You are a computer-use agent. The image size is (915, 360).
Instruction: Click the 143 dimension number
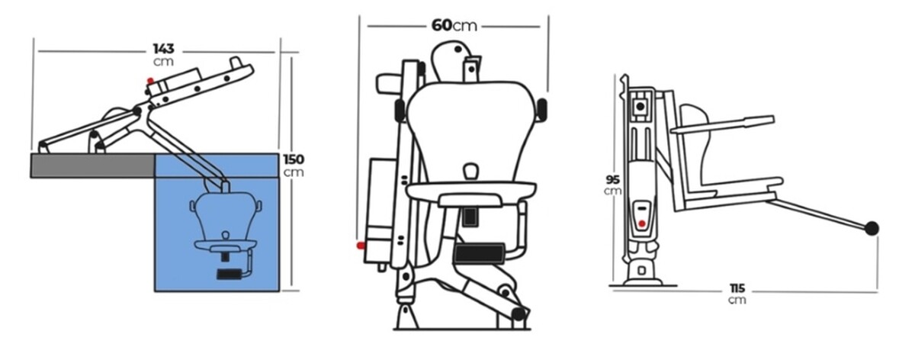[x=164, y=49]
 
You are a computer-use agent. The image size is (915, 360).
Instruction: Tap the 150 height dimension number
[x=294, y=159]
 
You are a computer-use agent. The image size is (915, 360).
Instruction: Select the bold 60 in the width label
[x=441, y=25]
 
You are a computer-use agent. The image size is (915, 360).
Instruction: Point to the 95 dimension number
[x=613, y=179]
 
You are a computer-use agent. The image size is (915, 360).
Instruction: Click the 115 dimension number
[x=737, y=288]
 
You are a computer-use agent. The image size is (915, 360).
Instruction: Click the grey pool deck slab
[x=93, y=166]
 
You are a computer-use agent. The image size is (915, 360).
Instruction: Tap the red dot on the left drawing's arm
[x=150, y=81]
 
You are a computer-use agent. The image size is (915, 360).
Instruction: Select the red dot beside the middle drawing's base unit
[x=361, y=246]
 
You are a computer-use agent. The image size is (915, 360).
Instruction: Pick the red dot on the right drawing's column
[x=642, y=224]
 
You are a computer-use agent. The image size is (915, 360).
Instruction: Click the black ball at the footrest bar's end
[x=872, y=228]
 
